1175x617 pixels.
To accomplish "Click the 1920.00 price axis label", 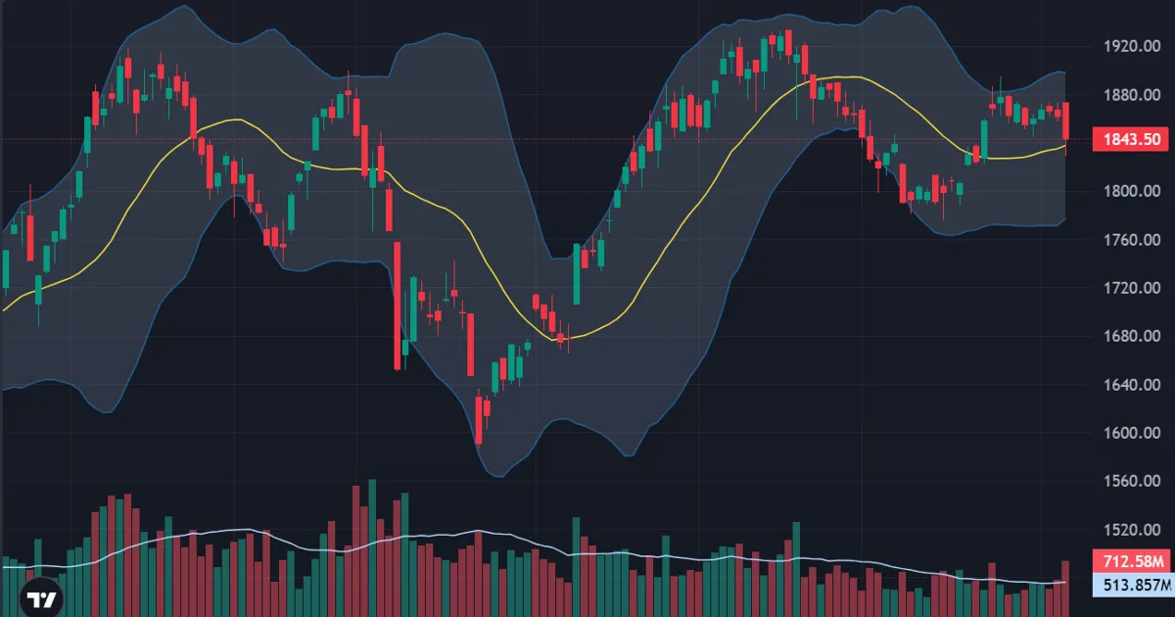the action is [1132, 46].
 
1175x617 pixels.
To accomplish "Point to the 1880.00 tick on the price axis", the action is [1132, 95].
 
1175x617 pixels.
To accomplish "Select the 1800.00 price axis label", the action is [1132, 191].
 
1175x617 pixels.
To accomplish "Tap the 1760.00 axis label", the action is [1132, 240].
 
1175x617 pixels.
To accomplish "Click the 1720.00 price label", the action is [1132, 288].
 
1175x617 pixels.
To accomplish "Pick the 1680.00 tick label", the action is [1132, 336].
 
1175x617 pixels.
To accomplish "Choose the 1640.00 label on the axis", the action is [1132, 385].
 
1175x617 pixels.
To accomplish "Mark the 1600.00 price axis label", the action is [1132, 433].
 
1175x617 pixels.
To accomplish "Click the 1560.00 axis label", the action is [1132, 481].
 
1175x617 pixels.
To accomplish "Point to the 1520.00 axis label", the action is [1132, 530].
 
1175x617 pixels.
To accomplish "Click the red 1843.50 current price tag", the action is [1132, 139].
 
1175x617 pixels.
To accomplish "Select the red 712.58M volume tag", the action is [1133, 561].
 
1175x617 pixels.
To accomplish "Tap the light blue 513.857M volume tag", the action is [1133, 585].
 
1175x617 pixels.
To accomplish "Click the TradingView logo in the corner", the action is [41, 598].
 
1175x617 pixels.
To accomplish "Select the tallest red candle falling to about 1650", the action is [398, 306].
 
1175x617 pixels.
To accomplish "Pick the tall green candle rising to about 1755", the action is [577, 274].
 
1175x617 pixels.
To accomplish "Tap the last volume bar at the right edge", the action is [1065, 589].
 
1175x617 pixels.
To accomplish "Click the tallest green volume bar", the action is [372, 547].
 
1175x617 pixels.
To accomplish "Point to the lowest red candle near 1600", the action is [479, 420].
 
